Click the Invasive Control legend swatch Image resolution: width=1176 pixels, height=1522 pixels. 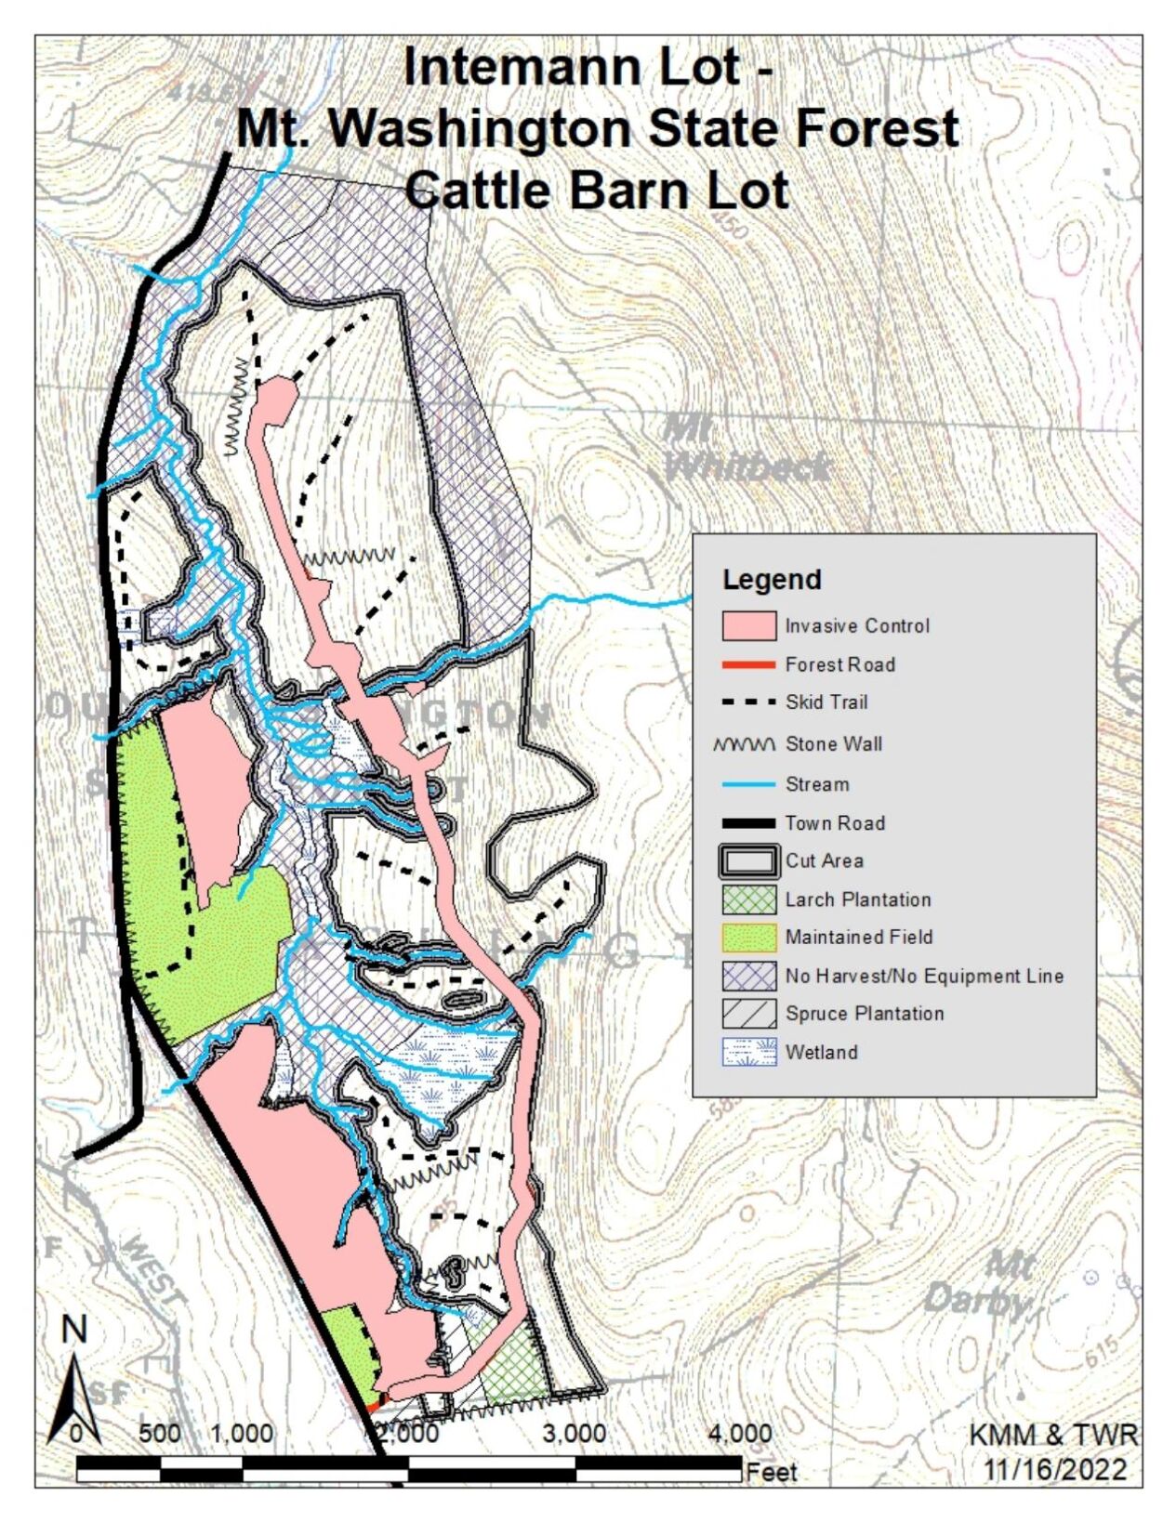[748, 625]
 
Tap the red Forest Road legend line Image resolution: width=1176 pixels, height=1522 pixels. [748, 664]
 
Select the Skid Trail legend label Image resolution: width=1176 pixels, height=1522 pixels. [826, 702]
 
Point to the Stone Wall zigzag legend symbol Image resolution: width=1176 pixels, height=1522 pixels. [745, 744]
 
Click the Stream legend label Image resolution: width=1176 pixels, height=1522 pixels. [817, 784]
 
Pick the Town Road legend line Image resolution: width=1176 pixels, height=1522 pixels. [748, 823]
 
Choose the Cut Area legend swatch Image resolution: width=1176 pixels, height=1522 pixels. [748, 861]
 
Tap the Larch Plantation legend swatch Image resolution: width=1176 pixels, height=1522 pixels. [748, 899]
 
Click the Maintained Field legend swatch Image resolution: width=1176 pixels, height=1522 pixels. [748, 938]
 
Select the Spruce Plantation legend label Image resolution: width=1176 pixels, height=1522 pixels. [865, 1014]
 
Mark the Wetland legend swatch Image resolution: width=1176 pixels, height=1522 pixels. [748, 1052]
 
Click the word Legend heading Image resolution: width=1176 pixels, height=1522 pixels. [772, 580]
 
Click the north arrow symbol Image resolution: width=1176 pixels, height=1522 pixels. [73, 1384]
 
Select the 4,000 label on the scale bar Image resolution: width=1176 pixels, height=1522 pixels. [739, 1434]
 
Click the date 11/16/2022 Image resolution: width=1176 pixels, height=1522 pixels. [1055, 1470]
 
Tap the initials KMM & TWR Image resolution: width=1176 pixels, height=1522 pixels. [1052, 1435]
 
